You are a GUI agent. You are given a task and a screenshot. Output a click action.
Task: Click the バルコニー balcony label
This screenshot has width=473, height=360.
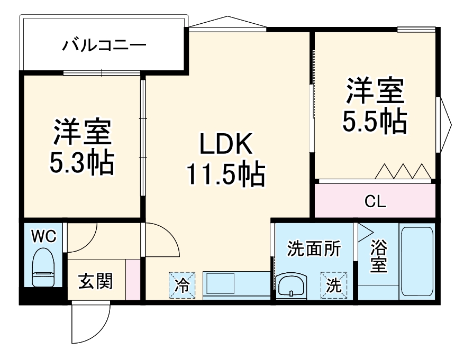point(104,45)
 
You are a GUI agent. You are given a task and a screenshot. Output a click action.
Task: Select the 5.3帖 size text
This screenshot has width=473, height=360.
point(82,164)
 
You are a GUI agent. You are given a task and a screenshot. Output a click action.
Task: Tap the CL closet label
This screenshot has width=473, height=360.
point(376,201)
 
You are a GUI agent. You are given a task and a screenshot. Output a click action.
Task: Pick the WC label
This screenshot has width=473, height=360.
point(43,236)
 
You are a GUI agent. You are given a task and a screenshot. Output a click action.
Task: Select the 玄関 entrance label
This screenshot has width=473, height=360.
point(96,282)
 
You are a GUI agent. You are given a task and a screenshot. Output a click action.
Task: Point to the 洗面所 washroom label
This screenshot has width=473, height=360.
point(314,248)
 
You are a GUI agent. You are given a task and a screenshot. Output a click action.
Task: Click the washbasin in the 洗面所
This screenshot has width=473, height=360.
point(290,287)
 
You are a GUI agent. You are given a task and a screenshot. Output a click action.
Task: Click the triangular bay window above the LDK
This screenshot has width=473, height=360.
point(226,22)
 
